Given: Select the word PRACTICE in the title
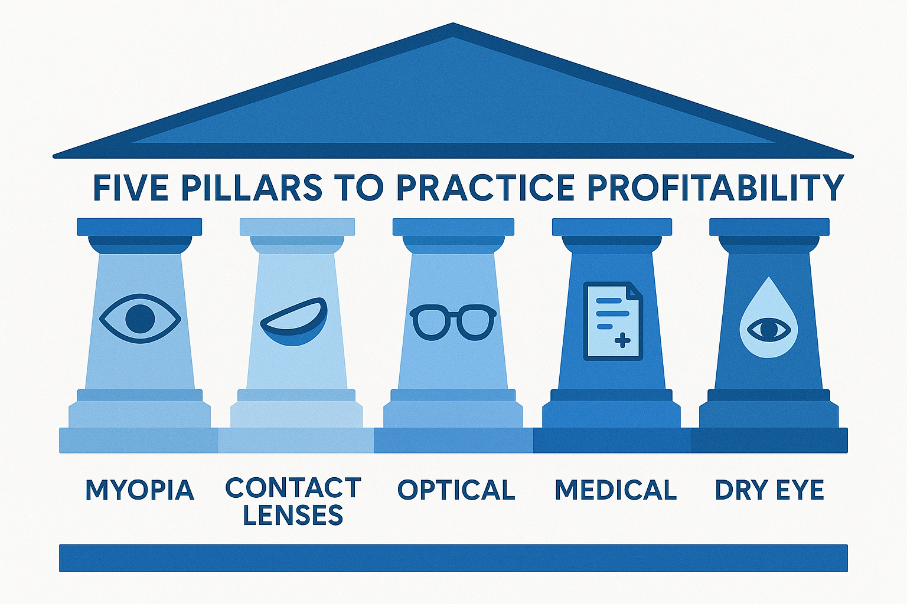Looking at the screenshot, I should point(485,188).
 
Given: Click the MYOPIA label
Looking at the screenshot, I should point(140,491).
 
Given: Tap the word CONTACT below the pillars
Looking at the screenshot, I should point(293,488).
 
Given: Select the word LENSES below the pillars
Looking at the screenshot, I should point(293,516).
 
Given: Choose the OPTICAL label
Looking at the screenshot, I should point(456,491).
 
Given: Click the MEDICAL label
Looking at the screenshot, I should point(615,491).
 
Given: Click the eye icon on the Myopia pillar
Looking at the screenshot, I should point(140,319).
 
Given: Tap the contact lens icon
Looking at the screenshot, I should point(294,322).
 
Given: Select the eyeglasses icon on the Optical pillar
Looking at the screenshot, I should point(453,322).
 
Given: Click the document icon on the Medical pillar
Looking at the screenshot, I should point(613,321).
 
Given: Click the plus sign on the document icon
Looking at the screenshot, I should point(622,340).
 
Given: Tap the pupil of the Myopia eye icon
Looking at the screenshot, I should point(140,319).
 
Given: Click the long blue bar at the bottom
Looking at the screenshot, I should point(453,558).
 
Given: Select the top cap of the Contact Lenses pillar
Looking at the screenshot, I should point(297,227).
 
